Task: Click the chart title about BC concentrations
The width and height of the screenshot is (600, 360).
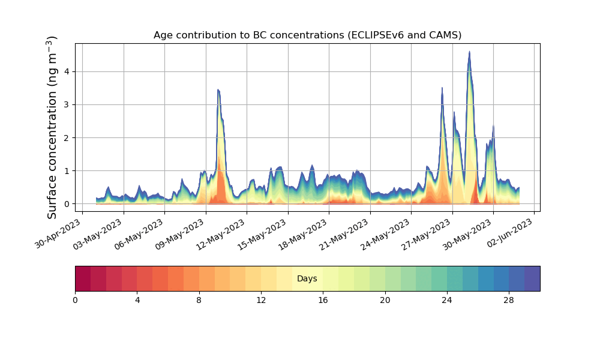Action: pos(307,35)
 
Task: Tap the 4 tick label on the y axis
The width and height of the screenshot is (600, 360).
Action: pos(67,71)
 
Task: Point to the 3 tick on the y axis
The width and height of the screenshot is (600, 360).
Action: pos(67,104)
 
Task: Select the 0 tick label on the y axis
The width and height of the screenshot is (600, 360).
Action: pos(67,204)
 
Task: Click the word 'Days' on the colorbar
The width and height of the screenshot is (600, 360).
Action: pos(307,279)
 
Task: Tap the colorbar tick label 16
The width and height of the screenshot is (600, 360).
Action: pos(323,300)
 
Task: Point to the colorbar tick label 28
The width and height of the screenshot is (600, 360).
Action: pos(509,300)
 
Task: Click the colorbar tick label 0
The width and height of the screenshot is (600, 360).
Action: pos(75,300)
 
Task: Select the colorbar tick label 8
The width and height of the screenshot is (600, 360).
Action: pos(199,300)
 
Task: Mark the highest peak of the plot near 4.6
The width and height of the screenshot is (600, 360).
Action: pos(469,52)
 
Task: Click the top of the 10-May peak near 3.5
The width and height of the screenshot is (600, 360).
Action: pos(218,89)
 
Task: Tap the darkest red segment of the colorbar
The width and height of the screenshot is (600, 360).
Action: pos(83,278)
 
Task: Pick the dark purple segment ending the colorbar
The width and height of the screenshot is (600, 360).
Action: pos(532,278)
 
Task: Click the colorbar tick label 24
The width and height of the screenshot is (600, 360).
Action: pos(447,300)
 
